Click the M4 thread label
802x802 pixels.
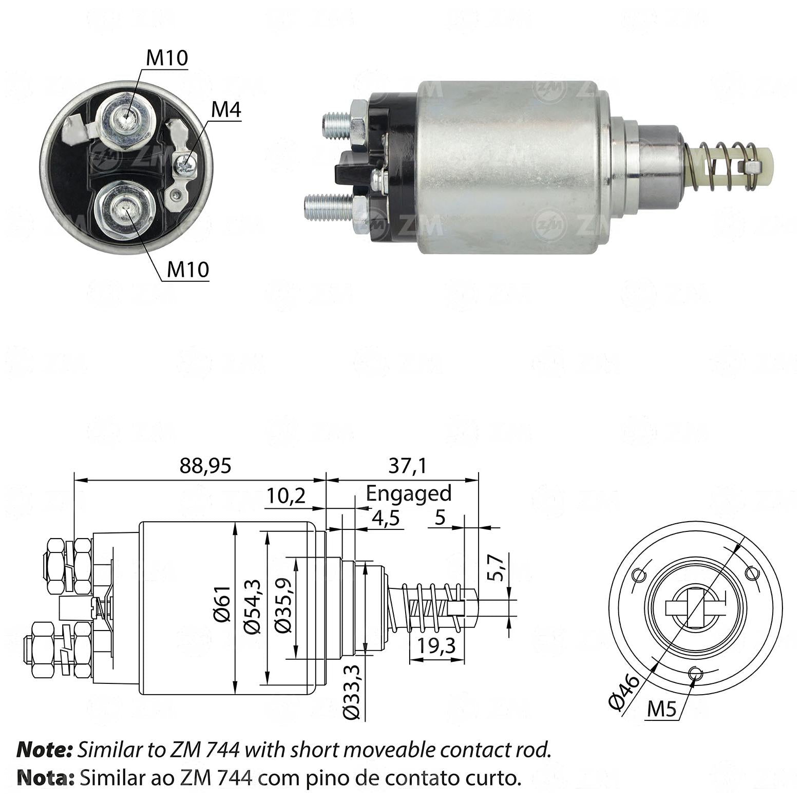(226, 110)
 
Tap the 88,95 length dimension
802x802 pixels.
(205, 466)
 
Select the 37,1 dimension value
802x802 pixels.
(408, 466)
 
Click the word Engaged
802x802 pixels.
(409, 493)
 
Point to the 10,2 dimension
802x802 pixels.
(286, 496)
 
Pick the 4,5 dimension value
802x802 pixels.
(386, 518)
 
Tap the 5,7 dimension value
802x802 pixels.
(496, 567)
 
